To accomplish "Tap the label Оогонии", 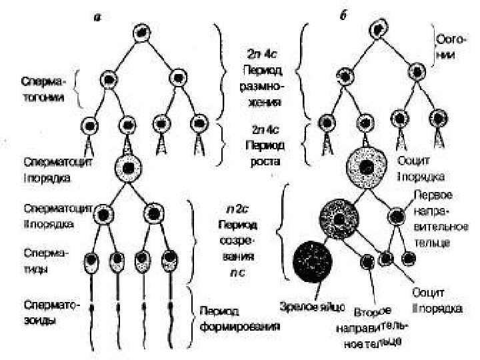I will [445, 47].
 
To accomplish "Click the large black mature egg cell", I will [312, 259].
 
